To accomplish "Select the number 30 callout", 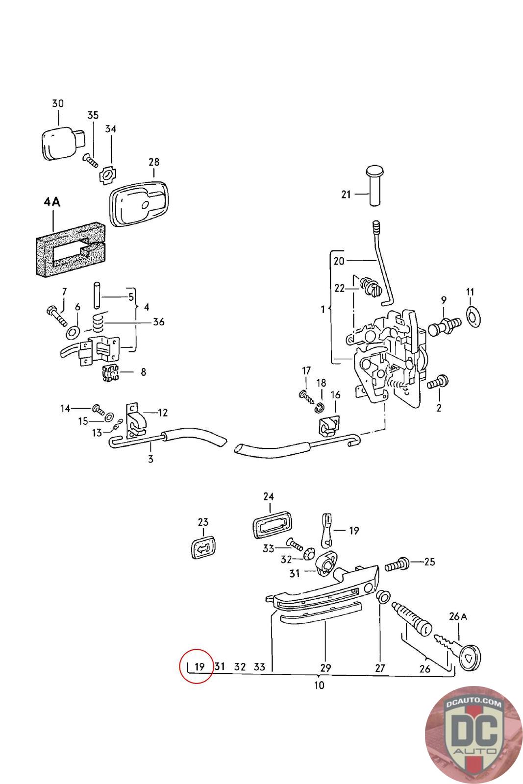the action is click(58, 103).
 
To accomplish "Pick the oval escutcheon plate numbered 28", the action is click(139, 204).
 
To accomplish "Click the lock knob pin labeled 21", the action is click(375, 186).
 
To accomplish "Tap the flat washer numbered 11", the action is click(473, 317).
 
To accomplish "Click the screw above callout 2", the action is click(437, 382).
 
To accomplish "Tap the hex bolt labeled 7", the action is click(57, 316).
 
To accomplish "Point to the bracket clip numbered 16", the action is click(329, 426).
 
